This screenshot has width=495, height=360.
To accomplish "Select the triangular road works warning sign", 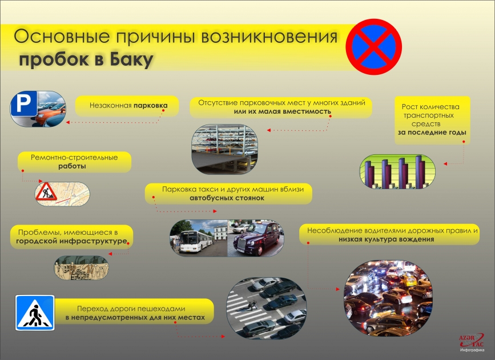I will point(46,192).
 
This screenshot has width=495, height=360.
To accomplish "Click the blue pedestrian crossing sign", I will point(35,313).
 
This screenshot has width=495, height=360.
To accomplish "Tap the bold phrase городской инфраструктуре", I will point(71,242).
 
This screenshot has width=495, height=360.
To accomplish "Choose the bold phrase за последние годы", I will point(432,132).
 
